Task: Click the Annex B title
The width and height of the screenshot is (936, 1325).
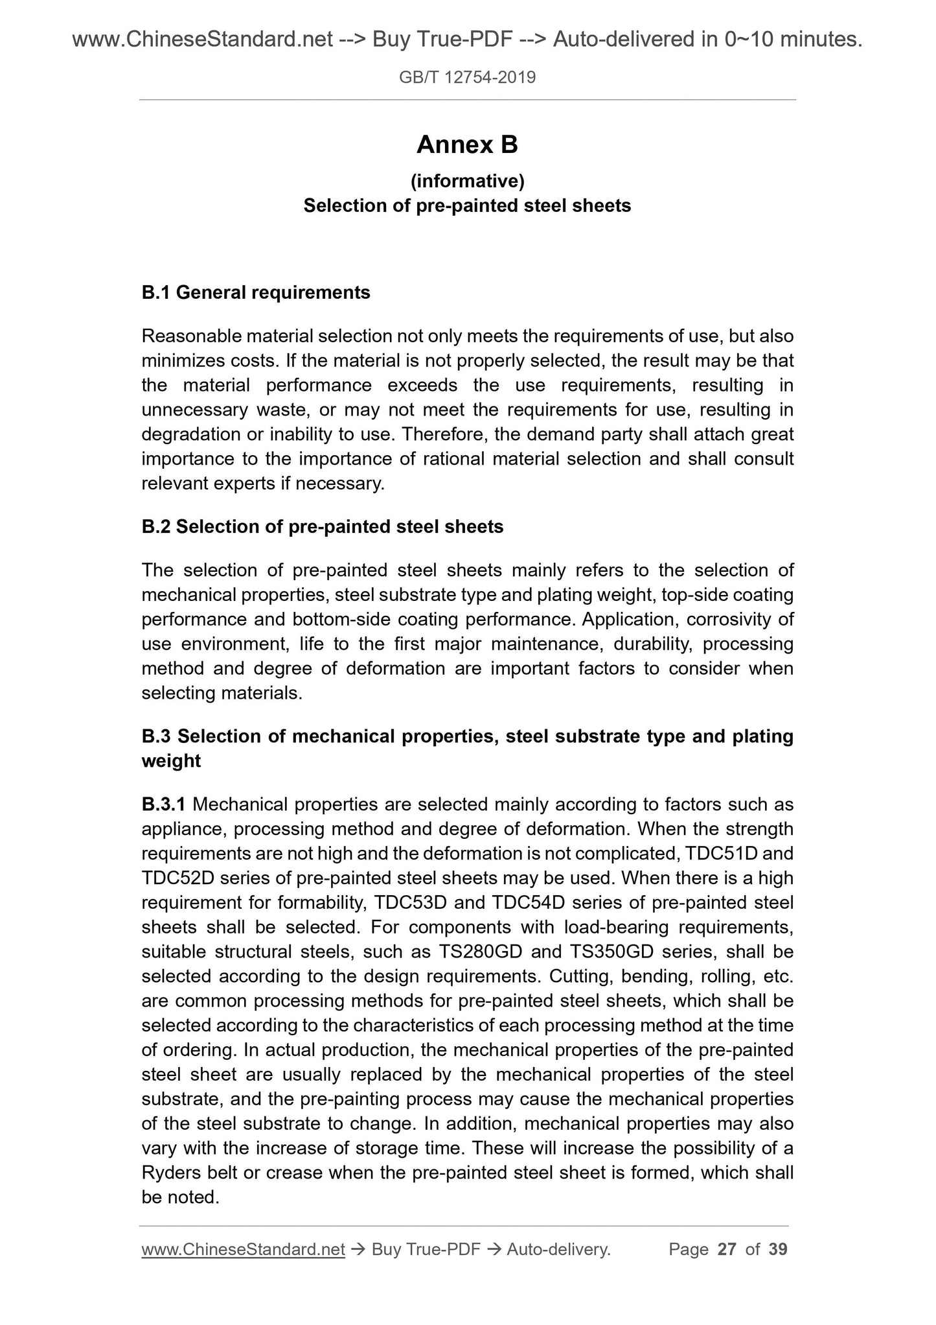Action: (467, 145)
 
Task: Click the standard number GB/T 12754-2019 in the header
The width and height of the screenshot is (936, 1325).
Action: (467, 78)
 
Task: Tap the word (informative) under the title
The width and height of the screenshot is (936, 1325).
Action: (467, 181)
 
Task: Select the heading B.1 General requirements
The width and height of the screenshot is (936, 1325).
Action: (256, 293)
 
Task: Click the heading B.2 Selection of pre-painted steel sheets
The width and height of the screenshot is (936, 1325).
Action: (322, 526)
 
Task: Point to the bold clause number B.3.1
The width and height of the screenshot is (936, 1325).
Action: (164, 804)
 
